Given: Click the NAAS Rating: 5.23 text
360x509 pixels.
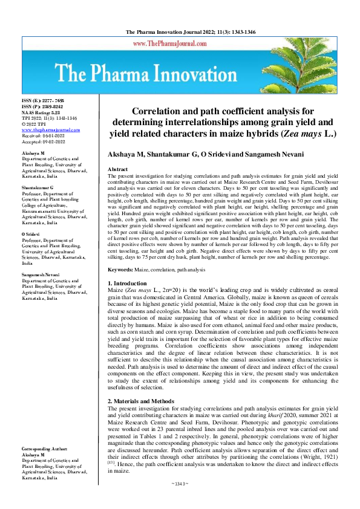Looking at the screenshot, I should pyautogui.click(x=41, y=112).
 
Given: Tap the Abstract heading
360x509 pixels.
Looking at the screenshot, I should pyautogui.click(x=117, y=170).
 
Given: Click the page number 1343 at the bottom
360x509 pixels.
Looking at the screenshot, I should pyautogui.click(x=180, y=501).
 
